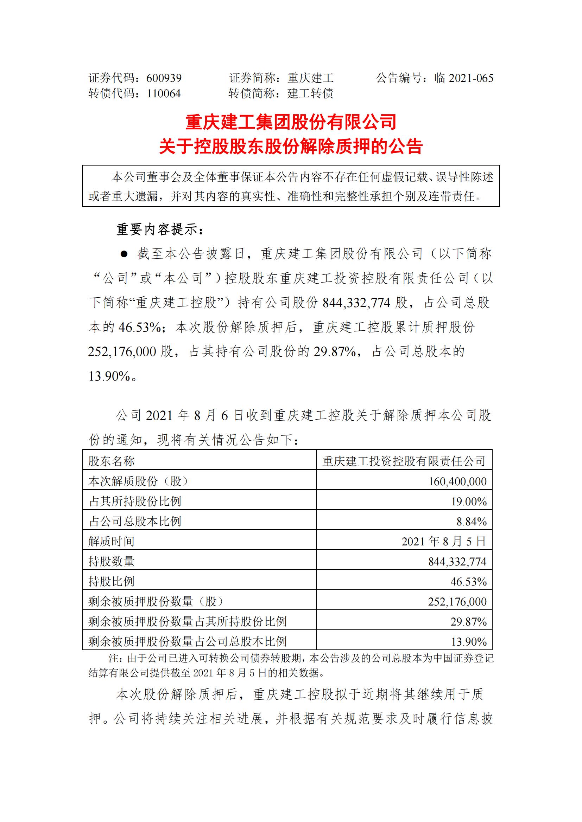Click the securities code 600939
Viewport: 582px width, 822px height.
[164, 78]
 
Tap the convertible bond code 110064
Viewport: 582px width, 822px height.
[164, 94]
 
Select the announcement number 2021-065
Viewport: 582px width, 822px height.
[471, 78]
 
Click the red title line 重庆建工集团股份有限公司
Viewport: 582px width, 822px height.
[291, 122]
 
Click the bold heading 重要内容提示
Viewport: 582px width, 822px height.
[159, 229]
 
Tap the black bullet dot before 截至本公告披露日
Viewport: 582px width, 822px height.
[124, 254]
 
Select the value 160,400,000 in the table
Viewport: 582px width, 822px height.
[457, 481]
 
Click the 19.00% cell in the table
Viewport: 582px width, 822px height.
[468, 501]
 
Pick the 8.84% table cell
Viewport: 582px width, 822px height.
[471, 522]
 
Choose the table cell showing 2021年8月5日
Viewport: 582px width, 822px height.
[443, 541]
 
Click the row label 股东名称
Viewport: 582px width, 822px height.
[112, 461]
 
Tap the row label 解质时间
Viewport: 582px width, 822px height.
[112, 541]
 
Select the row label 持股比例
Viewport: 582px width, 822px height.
[112, 581]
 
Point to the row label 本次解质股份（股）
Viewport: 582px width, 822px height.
[139, 481]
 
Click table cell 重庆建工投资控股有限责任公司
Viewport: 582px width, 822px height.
[404, 461]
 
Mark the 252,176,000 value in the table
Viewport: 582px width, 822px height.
[457, 601]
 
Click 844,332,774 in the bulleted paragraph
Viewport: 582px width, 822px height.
[356, 303]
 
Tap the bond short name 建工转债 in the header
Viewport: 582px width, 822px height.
[310, 94]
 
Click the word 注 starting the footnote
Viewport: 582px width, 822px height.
[113, 658]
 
